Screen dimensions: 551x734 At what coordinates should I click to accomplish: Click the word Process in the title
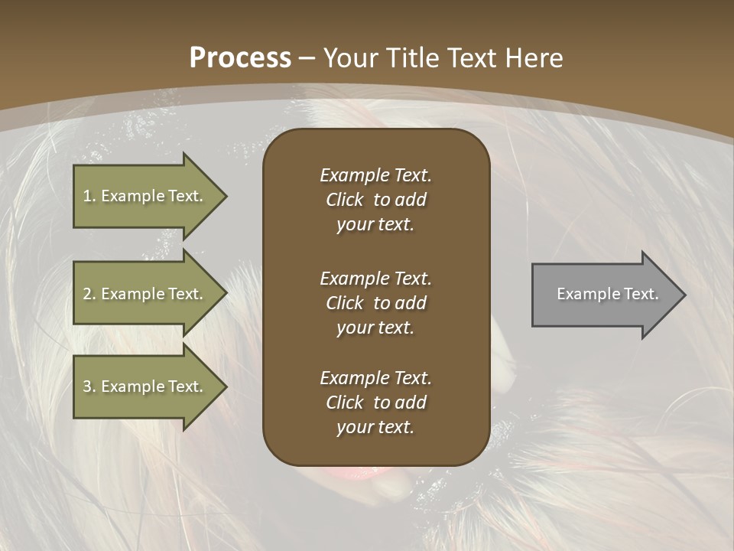click(240, 58)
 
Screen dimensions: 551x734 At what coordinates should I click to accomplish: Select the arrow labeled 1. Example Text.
click(145, 196)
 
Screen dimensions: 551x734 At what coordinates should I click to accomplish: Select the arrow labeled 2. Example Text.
click(145, 294)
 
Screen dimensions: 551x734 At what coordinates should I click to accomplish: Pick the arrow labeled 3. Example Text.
click(145, 386)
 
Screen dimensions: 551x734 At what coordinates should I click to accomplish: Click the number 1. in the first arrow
click(89, 196)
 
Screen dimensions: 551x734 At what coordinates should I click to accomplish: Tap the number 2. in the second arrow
click(89, 294)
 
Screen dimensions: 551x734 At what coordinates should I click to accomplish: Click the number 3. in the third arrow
click(89, 386)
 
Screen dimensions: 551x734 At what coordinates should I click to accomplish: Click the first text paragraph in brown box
click(375, 200)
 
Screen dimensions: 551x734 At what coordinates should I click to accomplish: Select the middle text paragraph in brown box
click(375, 303)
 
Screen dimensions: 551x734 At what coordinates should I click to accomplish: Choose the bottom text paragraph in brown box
click(375, 403)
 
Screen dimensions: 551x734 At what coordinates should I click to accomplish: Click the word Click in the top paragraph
click(344, 200)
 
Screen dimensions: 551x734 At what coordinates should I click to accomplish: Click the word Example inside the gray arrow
click(583, 294)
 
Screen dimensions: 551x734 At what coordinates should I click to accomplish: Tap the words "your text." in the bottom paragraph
click(375, 427)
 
